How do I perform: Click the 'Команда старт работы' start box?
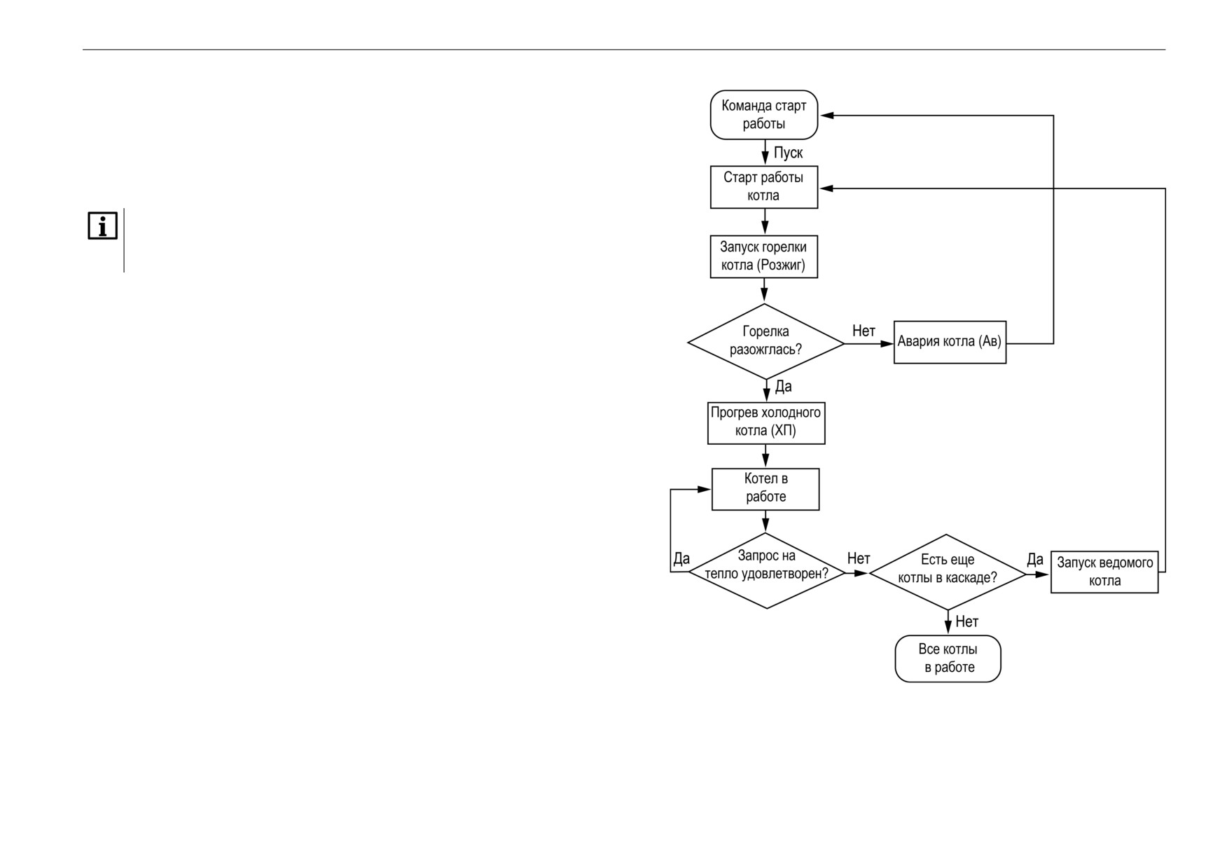[764, 115]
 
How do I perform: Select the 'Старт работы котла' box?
[764, 187]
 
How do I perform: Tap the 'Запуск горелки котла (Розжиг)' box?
[764, 256]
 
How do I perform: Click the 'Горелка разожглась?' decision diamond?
[766, 342]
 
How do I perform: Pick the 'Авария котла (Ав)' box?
[950, 342]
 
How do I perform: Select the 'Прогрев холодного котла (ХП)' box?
[766, 422]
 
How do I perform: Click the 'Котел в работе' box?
[765, 489]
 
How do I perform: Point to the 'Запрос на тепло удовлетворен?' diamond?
[767, 571]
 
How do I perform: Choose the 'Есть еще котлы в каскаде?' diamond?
[948, 572]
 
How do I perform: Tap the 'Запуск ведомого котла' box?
[1104, 572]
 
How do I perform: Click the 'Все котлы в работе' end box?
[948, 659]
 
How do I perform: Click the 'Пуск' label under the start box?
[788, 153]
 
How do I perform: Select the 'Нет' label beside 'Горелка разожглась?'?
[864, 331]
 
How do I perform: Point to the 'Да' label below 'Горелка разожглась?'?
[783, 386]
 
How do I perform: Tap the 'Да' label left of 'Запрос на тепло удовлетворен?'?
[681, 558]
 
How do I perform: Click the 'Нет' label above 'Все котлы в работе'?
[966, 621]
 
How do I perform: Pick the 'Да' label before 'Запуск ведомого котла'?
[1035, 559]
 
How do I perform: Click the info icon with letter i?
[102, 226]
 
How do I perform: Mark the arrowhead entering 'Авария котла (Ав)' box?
[887, 343]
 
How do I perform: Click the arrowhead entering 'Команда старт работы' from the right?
[826, 116]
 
